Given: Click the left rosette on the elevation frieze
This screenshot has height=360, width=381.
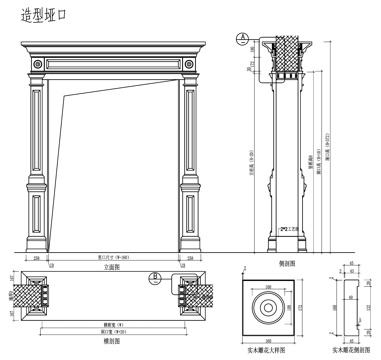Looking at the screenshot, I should (x=38, y=64).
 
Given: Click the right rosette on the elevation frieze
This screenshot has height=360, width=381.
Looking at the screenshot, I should (x=190, y=64).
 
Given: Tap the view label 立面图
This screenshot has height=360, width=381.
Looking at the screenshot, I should (x=114, y=265).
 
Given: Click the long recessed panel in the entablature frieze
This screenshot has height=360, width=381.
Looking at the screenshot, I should (x=114, y=64).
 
